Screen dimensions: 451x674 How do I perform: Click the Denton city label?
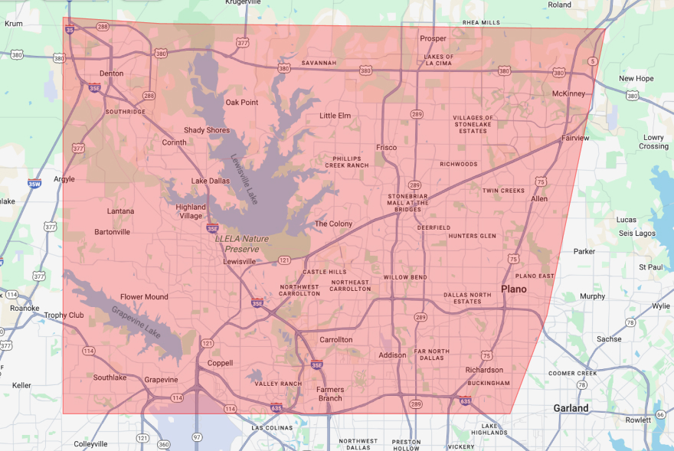click(x=111, y=74)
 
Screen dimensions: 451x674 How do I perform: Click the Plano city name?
click(x=514, y=289)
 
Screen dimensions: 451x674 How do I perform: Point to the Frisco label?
click(x=386, y=147)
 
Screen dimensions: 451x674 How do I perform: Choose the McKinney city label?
click(x=568, y=93)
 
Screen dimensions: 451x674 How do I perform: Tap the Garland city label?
click(x=571, y=408)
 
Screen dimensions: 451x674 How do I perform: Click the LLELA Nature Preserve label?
click(x=242, y=243)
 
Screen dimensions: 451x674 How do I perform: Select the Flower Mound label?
click(x=143, y=297)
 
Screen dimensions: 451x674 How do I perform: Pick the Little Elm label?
click(x=335, y=116)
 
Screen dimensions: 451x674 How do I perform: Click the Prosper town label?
click(x=433, y=38)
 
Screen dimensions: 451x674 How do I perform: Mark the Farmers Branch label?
click(x=330, y=394)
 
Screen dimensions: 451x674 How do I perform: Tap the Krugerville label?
click(x=244, y=3)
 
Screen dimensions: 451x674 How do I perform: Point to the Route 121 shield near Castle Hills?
click(x=284, y=260)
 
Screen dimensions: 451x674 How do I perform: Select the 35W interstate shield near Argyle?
click(x=34, y=184)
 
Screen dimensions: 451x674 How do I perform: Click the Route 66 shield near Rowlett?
click(x=660, y=414)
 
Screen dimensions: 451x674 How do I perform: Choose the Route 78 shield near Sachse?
click(x=630, y=322)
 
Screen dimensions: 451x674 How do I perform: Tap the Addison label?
click(x=392, y=355)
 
